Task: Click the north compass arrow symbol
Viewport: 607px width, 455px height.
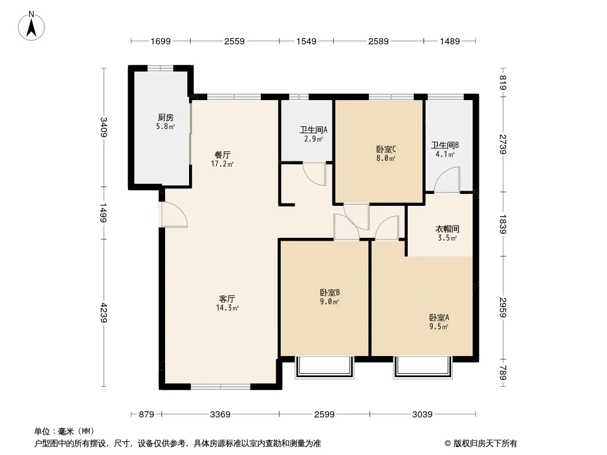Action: tap(31, 27)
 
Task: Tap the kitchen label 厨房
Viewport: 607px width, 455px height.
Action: tap(165, 117)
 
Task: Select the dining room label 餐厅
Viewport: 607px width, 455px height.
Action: tap(222, 155)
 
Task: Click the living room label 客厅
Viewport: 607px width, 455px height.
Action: tap(227, 299)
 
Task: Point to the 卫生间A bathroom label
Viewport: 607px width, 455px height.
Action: tap(313, 130)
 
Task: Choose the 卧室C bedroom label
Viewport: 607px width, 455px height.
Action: tap(385, 149)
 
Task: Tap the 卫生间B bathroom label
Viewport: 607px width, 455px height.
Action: tap(445, 145)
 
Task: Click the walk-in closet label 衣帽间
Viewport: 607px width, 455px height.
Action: tap(447, 229)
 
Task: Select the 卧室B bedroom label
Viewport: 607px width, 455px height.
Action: tap(330, 292)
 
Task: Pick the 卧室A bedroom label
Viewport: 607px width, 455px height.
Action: tap(439, 317)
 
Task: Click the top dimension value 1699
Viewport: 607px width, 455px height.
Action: tap(160, 41)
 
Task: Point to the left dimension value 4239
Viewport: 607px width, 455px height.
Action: tap(104, 312)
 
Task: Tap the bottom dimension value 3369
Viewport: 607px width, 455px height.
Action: tap(220, 415)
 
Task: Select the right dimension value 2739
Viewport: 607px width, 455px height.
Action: tap(503, 144)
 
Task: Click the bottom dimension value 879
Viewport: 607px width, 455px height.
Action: tap(146, 415)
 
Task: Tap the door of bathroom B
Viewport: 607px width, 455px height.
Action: tap(447, 180)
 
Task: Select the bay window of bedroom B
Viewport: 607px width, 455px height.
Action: tap(325, 367)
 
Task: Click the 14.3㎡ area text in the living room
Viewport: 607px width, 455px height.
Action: tap(227, 308)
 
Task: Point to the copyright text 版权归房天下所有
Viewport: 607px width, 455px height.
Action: tap(485, 444)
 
